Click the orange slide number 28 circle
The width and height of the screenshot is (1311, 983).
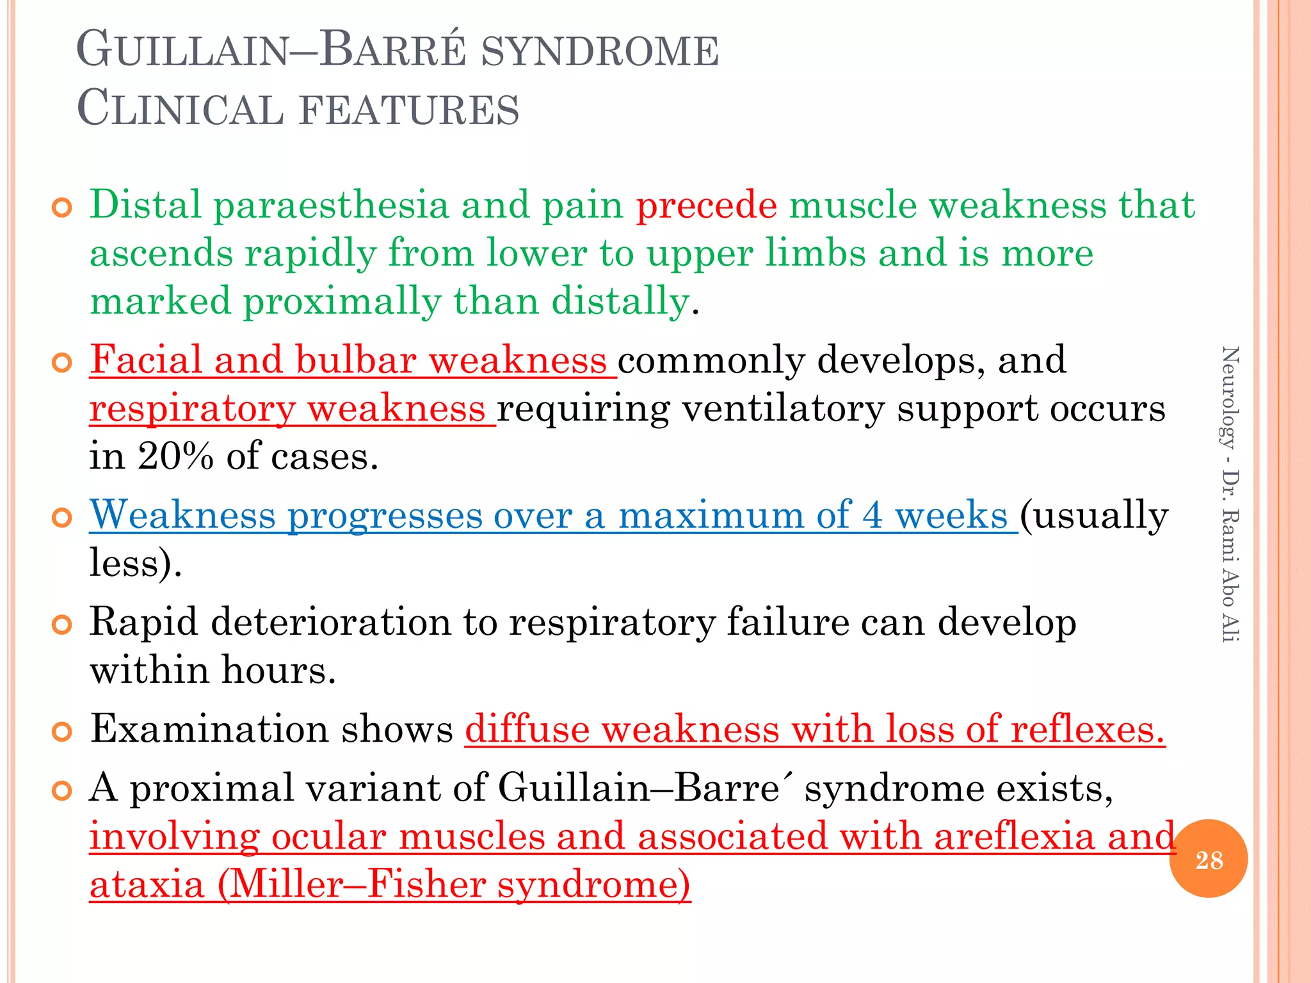(x=1208, y=859)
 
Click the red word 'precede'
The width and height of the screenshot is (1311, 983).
(x=706, y=205)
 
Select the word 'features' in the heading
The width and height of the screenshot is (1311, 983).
(x=409, y=109)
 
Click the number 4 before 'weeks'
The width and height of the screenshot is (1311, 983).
(x=872, y=515)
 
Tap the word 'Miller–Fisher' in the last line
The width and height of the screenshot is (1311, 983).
(x=356, y=885)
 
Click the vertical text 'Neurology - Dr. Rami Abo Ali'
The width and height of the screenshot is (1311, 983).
(x=1230, y=493)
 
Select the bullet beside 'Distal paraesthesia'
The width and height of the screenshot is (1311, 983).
(x=62, y=207)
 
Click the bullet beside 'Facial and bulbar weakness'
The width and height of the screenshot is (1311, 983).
(x=62, y=363)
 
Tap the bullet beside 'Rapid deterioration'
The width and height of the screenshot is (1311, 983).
(x=62, y=625)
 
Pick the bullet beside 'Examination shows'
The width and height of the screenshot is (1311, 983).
(x=62, y=731)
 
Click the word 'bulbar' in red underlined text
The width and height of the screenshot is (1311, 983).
(x=355, y=360)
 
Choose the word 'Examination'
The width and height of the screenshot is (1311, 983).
(x=209, y=729)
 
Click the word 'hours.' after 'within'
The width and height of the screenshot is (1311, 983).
(x=278, y=671)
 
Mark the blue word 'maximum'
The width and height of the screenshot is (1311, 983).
(x=711, y=515)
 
